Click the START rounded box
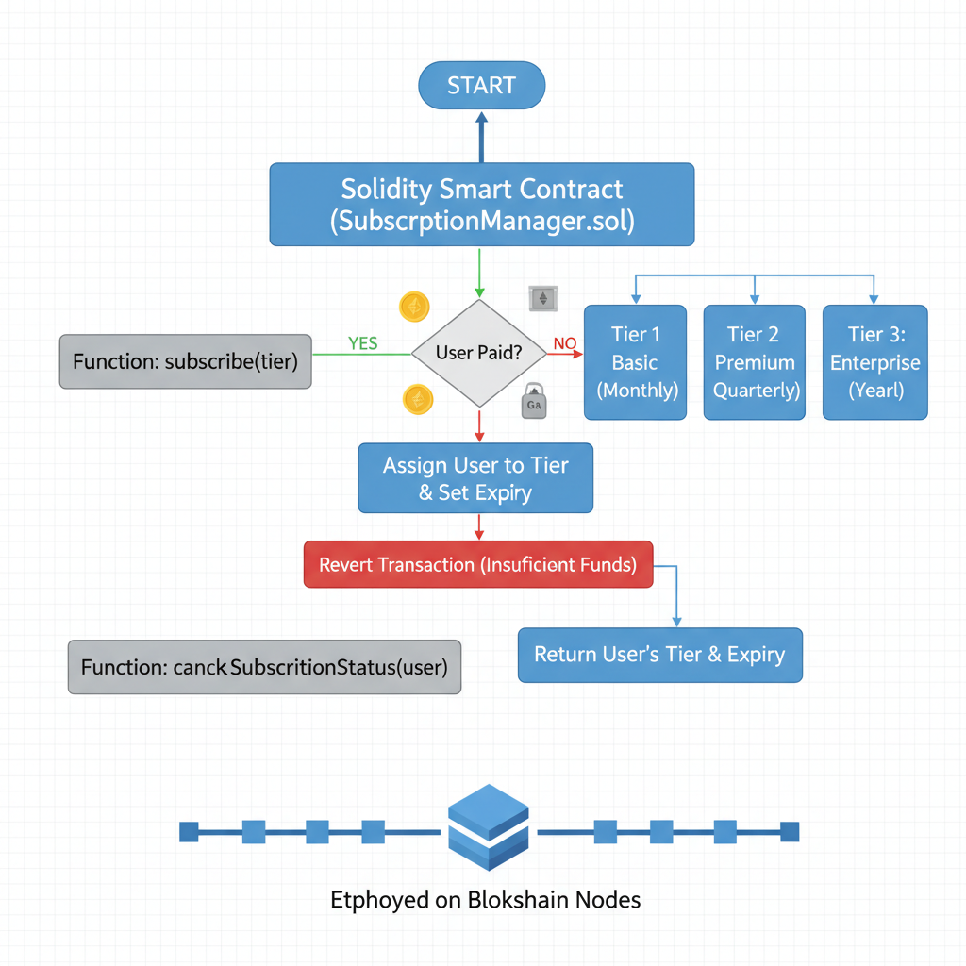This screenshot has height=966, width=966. [481, 86]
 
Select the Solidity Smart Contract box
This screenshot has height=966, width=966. [482, 205]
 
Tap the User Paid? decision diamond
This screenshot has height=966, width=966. [479, 354]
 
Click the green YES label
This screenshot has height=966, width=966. [362, 343]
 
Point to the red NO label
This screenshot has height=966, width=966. [564, 343]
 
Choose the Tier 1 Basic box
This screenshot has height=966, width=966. [635, 362]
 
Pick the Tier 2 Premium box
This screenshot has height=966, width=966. [755, 362]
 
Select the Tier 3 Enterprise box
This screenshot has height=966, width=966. [875, 362]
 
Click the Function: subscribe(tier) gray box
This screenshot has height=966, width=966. [185, 361]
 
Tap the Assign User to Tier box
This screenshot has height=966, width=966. [475, 478]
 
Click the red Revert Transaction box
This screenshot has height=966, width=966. [477, 565]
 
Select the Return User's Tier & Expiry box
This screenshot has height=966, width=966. [659, 655]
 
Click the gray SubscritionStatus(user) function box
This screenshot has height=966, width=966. [264, 667]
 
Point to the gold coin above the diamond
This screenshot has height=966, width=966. [415, 306]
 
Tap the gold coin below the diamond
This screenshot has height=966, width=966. [418, 399]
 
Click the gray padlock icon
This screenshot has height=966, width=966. [534, 401]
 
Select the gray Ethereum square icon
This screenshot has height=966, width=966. [542, 299]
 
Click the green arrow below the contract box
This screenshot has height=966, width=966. [481, 274]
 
